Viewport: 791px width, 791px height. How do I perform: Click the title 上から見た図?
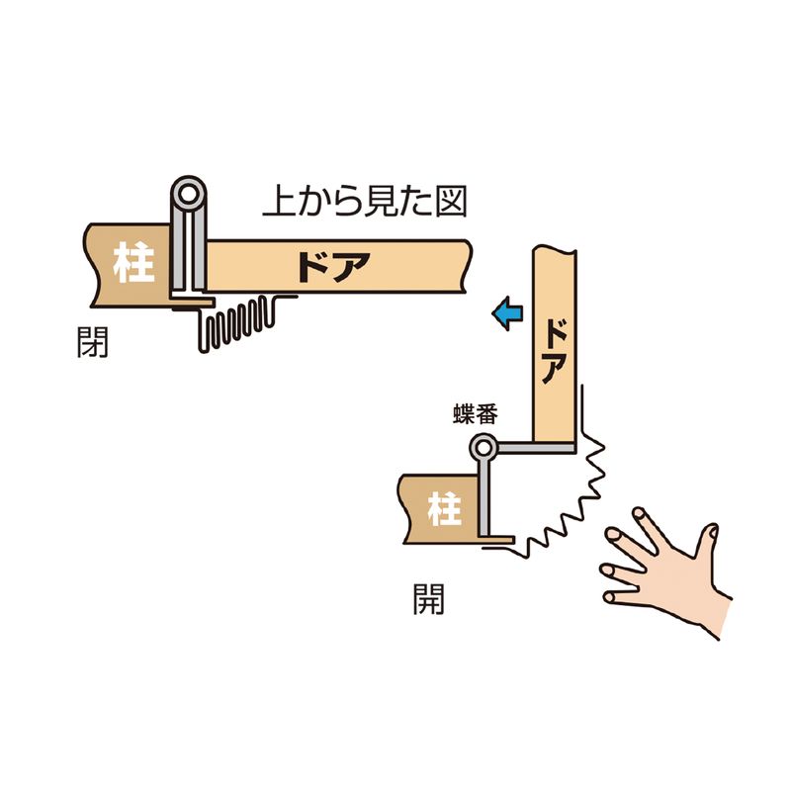click(365, 202)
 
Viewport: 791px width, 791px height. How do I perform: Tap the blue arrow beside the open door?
click(507, 313)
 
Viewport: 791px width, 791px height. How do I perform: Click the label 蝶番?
click(476, 413)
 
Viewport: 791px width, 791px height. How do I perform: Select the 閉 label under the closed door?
click(92, 342)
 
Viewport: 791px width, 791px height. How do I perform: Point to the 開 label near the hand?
click(428, 599)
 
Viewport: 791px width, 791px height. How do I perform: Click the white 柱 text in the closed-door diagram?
click(133, 262)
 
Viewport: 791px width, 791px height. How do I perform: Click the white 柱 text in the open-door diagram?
click(444, 509)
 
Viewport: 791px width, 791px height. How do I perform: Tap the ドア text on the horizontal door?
click(333, 266)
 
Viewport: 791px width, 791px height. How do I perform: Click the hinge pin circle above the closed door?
click(189, 193)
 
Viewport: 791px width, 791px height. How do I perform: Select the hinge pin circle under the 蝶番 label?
click(483, 448)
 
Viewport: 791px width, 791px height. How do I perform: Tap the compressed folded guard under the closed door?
click(237, 323)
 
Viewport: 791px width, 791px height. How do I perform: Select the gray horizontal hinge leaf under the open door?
click(536, 448)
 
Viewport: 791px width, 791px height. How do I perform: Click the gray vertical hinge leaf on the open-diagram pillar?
click(483, 498)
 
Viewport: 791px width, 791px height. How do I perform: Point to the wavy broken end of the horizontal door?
click(467, 266)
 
